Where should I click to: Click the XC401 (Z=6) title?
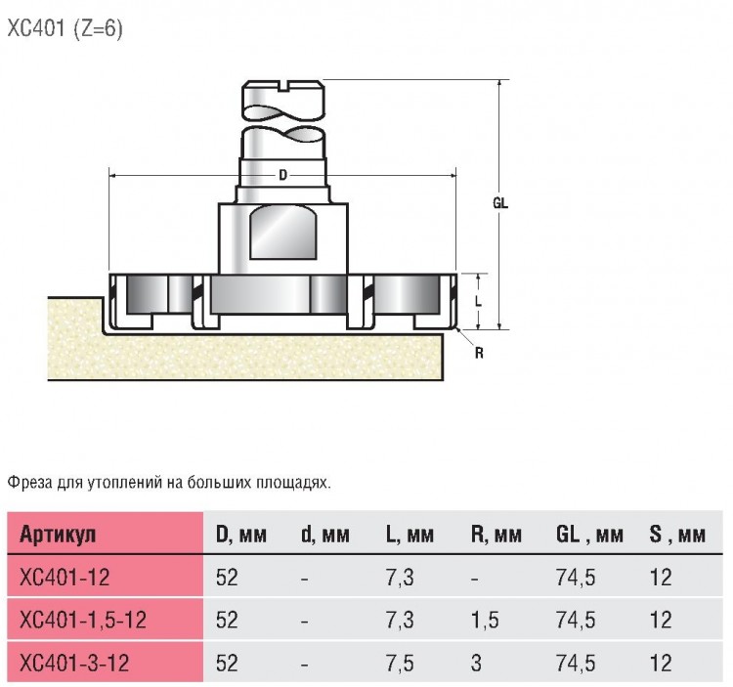click(65, 29)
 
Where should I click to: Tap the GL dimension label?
click(500, 203)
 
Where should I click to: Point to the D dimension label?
click(282, 175)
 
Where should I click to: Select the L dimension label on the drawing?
click(478, 302)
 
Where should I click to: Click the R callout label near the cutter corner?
click(479, 354)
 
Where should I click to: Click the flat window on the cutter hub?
click(283, 233)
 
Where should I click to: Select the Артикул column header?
click(58, 535)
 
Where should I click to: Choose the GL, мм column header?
click(589, 535)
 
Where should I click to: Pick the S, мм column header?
click(677, 535)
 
